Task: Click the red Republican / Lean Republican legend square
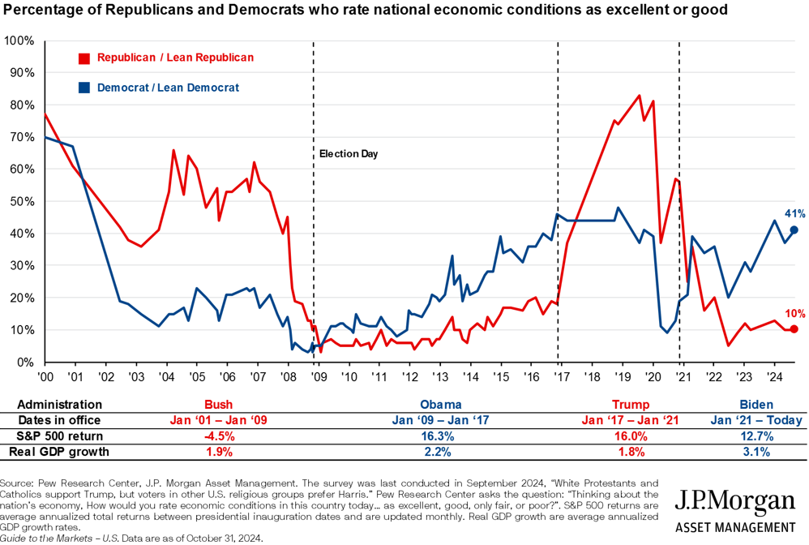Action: [x=83, y=58]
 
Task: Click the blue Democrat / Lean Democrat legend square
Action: [x=83, y=88]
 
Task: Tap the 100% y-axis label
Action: [x=19, y=41]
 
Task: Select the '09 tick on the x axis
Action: [x=318, y=377]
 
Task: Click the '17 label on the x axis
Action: [x=559, y=377]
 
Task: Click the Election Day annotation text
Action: [x=349, y=153]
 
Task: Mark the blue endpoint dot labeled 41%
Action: [x=794, y=230]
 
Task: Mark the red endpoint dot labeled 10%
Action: [x=794, y=329]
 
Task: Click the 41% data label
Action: [x=794, y=214]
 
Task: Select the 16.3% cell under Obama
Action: [x=441, y=436]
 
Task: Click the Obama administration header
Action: [x=441, y=404]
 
